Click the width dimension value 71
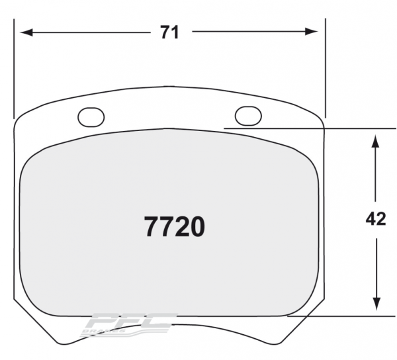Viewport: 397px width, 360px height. (169, 32)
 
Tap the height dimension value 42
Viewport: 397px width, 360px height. (375, 219)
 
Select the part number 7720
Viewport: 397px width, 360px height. (174, 228)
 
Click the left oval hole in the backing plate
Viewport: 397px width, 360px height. (91, 117)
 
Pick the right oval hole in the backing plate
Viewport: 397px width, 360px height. (248, 116)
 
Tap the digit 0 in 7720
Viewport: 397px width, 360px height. (197, 228)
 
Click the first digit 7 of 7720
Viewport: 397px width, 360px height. (152, 228)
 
